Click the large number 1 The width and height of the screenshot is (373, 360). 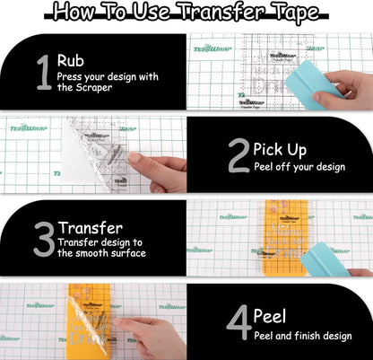(x=42, y=74)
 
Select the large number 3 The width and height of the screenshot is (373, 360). (x=43, y=238)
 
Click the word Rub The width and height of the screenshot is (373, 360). (x=71, y=60)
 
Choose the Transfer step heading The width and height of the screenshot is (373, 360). (x=91, y=227)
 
